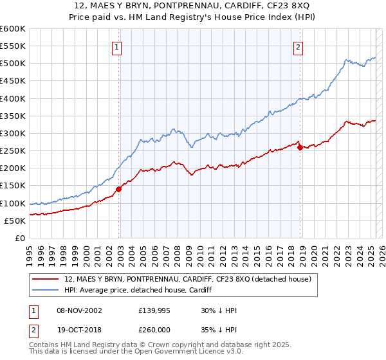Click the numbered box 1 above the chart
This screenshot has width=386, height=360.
116,46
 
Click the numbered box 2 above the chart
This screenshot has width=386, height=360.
299,46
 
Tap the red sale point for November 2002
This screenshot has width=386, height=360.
119,189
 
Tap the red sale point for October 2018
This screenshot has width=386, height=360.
300,147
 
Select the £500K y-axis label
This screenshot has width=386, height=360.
13,64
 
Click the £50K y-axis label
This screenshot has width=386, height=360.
15,221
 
